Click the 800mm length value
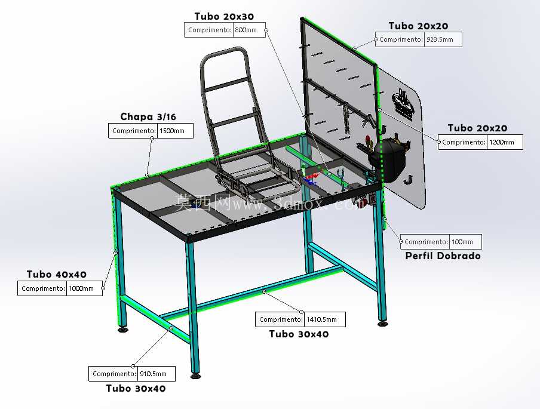coord(246,30)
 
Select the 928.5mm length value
coord(440,39)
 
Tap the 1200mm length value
coord(501,142)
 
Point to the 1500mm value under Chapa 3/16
coord(172,131)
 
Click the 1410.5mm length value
coord(321,319)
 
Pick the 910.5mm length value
coord(154,374)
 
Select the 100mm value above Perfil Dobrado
coord(462,242)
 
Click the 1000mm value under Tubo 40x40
coord(81,288)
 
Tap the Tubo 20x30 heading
coord(224,16)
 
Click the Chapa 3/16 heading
coord(148,116)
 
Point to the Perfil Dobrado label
coord(443,256)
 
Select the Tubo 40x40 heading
coord(57,275)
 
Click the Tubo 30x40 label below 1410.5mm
coord(299,334)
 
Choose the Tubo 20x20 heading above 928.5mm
coord(418,26)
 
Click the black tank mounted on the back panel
coord(388,158)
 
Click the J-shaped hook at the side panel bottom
coord(408,180)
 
